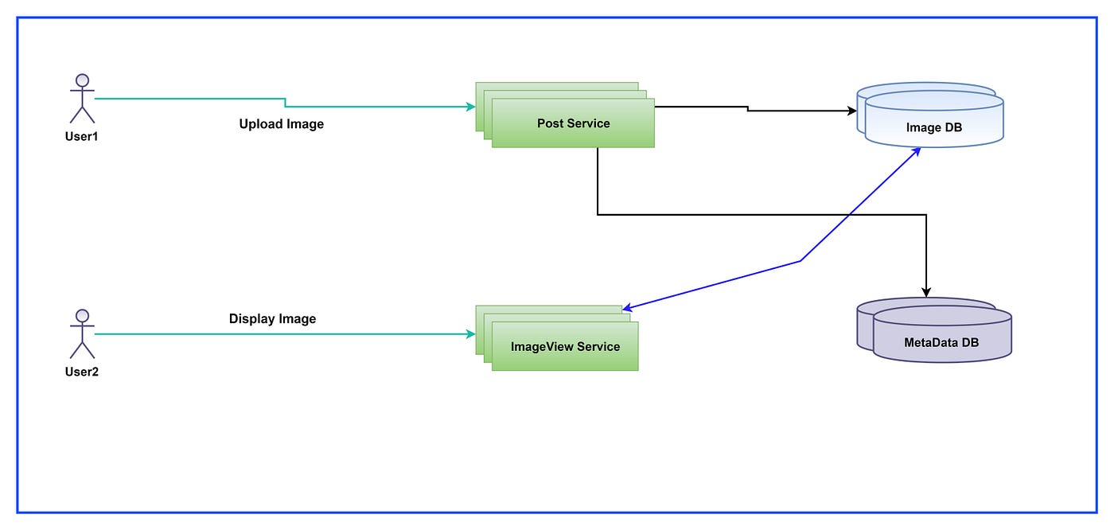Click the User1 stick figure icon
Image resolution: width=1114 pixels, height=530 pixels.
pos(81,99)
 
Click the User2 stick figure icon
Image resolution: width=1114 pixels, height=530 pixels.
pos(81,334)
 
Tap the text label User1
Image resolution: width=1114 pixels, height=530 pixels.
pos(81,136)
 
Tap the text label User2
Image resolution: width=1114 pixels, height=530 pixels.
pos(81,372)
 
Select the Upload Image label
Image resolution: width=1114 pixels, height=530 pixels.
pos(282,124)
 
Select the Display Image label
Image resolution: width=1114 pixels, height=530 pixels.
pos(272,319)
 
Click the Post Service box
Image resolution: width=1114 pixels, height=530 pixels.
pos(573,123)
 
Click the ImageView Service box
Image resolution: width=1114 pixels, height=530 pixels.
pos(565,346)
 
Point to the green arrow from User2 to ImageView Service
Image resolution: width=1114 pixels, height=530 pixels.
pos(278,334)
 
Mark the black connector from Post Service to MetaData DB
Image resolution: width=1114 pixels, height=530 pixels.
pos(756,214)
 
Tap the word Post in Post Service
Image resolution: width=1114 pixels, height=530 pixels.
pos(551,123)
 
